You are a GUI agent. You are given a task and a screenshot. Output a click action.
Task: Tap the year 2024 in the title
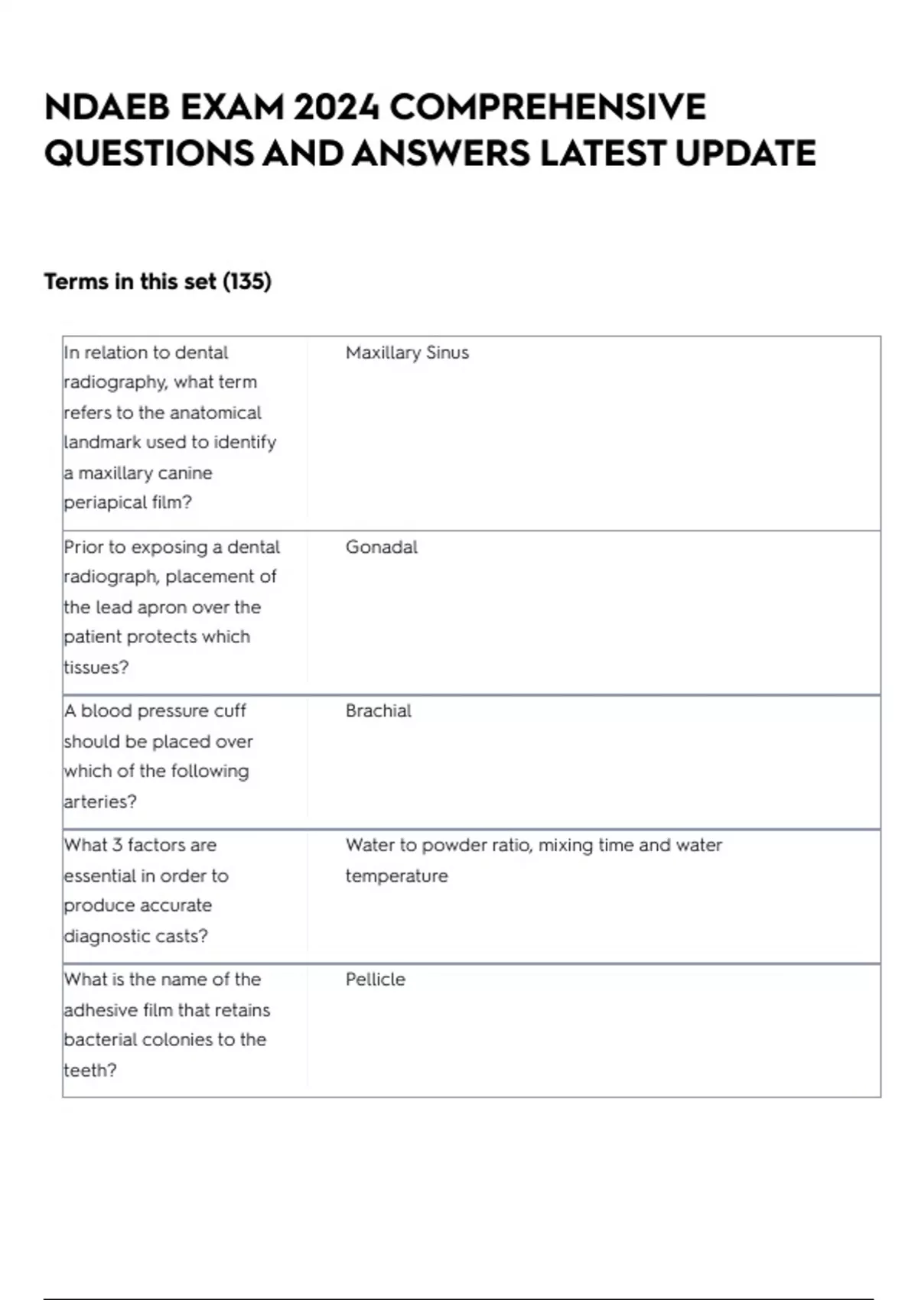tap(337, 107)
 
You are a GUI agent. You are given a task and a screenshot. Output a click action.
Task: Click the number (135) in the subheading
tap(246, 282)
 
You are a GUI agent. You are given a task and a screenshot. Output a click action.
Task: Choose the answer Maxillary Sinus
tap(407, 353)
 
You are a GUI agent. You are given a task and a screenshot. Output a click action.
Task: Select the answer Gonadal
tap(381, 547)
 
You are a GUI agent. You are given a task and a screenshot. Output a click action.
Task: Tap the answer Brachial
tap(378, 711)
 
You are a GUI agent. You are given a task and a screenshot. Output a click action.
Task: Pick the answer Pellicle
tap(375, 980)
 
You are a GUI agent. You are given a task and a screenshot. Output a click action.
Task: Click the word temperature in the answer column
tap(396, 876)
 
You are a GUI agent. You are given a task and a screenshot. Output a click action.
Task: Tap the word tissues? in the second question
tap(96, 667)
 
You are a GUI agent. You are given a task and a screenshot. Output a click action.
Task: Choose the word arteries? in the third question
tap(100, 801)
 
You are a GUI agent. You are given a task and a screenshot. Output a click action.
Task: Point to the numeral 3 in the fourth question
tap(117, 846)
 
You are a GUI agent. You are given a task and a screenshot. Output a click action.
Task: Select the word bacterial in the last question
tap(99, 1040)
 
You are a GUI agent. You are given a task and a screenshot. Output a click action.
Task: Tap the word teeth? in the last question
tap(90, 1070)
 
